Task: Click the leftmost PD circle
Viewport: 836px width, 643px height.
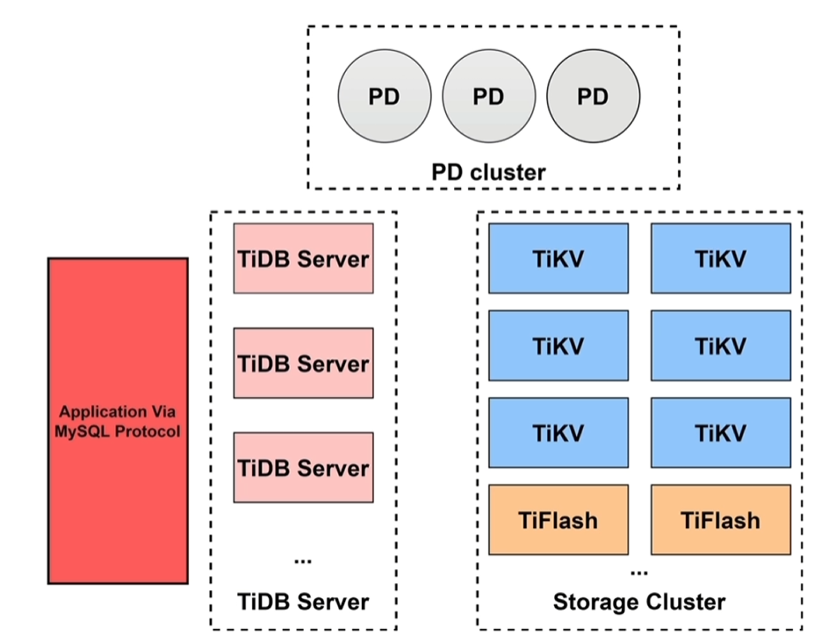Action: (385, 98)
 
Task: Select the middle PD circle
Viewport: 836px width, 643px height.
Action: (488, 98)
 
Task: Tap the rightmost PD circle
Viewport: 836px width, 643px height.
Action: (593, 98)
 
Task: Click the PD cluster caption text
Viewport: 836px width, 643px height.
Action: (488, 170)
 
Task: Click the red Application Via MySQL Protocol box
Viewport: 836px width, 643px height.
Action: (118, 421)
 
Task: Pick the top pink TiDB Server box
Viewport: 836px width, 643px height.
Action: (303, 258)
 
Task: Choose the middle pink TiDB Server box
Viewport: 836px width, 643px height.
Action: (303, 363)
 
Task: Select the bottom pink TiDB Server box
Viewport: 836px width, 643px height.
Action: (303, 467)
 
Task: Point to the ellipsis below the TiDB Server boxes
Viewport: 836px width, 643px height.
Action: (303, 560)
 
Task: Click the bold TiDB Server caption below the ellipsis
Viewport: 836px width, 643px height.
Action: (303, 602)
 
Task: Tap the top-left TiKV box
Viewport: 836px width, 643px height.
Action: (559, 258)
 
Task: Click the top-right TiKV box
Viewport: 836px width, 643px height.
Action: (720, 258)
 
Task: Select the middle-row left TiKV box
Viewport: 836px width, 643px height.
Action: (559, 345)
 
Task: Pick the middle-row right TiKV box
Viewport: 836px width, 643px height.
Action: (720, 345)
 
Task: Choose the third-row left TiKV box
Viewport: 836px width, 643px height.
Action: (559, 432)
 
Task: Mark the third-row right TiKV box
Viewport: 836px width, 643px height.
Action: (720, 432)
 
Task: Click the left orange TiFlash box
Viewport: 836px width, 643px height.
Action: (559, 519)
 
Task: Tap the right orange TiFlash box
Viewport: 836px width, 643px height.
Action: (720, 519)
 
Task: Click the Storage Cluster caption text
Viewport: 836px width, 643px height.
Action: (639, 602)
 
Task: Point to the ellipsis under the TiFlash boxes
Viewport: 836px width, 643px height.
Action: (639, 572)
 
